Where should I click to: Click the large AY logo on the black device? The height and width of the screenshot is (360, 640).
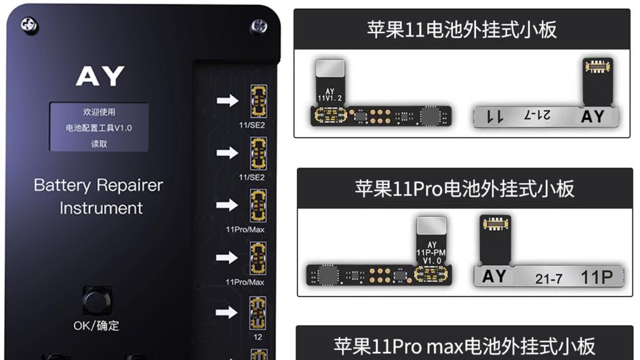(x=100, y=77)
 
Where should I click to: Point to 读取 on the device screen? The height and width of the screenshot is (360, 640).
(x=99, y=144)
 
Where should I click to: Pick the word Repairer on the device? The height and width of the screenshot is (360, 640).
(x=130, y=185)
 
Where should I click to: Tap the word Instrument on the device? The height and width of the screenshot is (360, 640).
(x=101, y=208)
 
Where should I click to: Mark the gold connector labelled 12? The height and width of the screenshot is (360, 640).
(x=258, y=313)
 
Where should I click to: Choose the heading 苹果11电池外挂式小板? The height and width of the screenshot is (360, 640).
(x=462, y=30)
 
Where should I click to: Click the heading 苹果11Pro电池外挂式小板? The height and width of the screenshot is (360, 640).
(x=464, y=188)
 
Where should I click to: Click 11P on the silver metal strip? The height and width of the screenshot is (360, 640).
(x=597, y=277)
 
